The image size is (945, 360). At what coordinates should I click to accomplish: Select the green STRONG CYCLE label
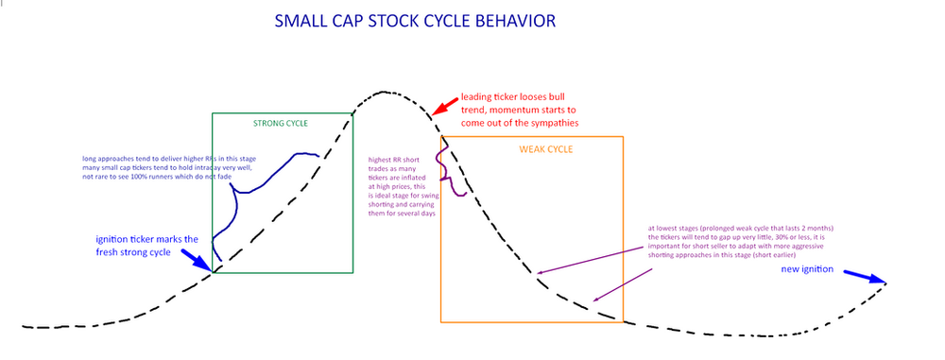[x=282, y=124]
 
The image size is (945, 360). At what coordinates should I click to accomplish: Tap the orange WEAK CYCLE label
[x=546, y=149]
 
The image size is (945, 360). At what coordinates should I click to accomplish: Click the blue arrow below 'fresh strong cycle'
[x=199, y=259]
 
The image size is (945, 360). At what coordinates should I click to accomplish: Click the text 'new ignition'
[x=806, y=271]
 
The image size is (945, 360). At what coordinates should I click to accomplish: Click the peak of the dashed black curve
[x=383, y=93]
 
